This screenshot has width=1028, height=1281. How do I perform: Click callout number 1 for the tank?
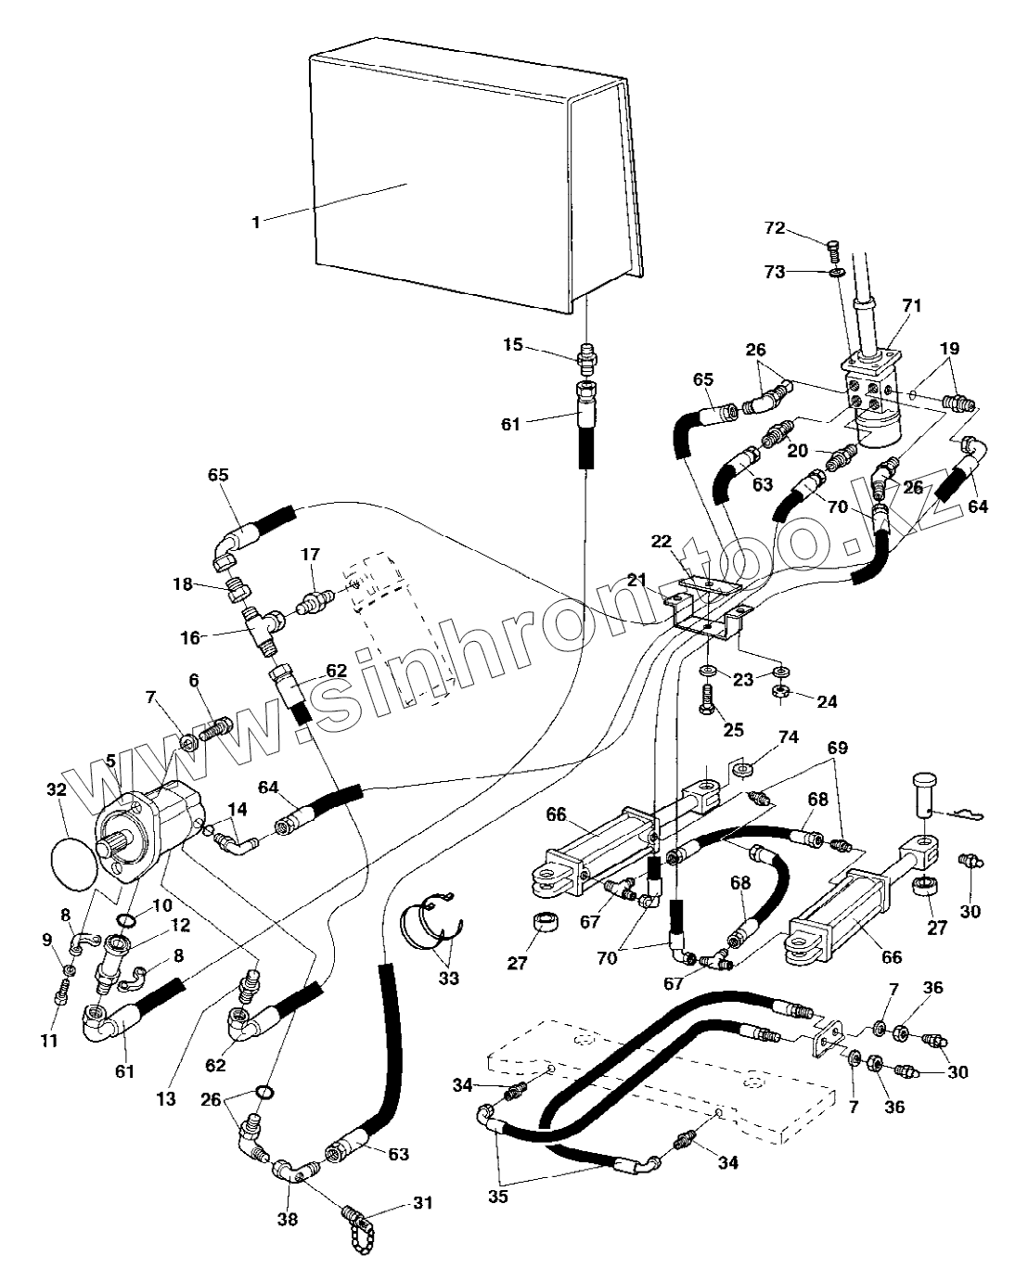click(x=256, y=222)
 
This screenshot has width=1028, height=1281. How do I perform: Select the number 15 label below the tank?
click(x=513, y=346)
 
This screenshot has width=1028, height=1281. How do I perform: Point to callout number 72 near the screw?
click(x=776, y=227)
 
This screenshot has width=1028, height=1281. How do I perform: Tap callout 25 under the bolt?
click(x=733, y=730)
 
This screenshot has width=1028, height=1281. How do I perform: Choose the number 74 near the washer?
click(x=788, y=737)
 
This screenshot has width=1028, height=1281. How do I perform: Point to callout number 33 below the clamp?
click(x=449, y=979)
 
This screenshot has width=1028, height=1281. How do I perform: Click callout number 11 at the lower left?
click(x=50, y=1041)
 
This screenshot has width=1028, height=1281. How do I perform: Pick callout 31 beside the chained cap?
click(x=423, y=1203)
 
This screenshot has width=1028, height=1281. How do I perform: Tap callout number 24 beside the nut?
click(x=827, y=702)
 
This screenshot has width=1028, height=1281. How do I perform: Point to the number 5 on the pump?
click(x=110, y=761)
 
